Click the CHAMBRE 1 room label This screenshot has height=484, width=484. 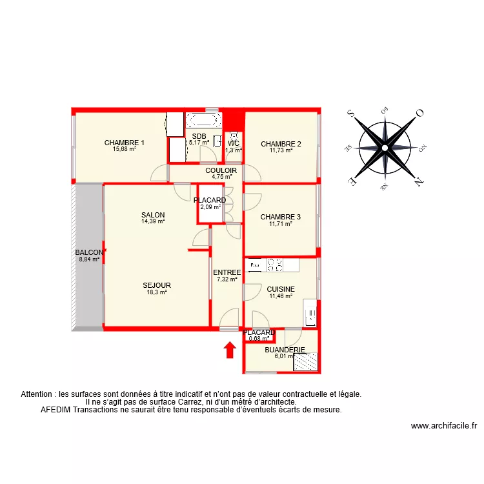coord(125,143)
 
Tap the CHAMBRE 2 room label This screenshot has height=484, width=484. coord(281,144)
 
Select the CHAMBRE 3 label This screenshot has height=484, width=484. coord(281,217)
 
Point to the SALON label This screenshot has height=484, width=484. coord(154,215)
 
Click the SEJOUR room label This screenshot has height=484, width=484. coord(157,285)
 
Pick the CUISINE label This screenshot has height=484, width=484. coord(281,290)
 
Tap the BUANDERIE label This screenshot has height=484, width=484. coord(285,350)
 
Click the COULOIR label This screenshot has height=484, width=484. coord(221,171)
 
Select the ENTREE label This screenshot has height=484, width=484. coord(227,272)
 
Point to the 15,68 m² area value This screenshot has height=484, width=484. coord(125,149)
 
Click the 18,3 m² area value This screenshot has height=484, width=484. coord(157,292)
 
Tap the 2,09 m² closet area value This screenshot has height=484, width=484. coord(210,207)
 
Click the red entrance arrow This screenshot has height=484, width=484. coord(229,350)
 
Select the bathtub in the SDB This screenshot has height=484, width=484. coord(204,120)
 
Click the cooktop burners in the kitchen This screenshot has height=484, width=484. coord(276,264)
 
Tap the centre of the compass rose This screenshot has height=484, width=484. coord(385,148)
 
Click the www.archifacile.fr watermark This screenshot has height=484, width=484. coord(443,426)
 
